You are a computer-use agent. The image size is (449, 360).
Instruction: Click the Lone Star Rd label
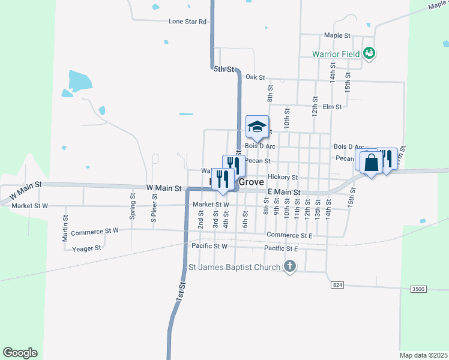(x=187, y=22)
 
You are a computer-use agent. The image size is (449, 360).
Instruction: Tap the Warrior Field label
(x=336, y=54)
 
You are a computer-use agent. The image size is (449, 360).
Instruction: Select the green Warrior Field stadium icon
(x=370, y=54)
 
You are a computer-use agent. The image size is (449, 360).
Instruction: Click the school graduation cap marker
(x=257, y=127)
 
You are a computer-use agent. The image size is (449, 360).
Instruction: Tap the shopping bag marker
(x=371, y=162)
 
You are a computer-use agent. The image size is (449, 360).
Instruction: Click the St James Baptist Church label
(x=235, y=267)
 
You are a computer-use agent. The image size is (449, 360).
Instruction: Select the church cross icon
(x=290, y=266)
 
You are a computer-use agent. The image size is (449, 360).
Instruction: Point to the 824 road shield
(x=337, y=285)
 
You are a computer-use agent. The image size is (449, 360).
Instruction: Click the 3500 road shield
(x=418, y=289)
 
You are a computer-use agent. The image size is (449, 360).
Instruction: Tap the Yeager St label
(x=86, y=248)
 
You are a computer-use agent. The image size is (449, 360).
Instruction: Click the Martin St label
(x=65, y=229)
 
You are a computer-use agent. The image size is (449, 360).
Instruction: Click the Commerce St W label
(x=95, y=231)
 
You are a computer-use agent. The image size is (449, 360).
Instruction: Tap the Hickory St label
(x=283, y=177)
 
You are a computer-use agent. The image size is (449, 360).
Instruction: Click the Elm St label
(x=332, y=107)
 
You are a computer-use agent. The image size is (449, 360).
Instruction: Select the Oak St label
(x=255, y=77)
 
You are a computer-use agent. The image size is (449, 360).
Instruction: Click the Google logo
(x=20, y=353)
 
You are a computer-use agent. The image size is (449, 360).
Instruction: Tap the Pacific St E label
(x=281, y=248)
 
